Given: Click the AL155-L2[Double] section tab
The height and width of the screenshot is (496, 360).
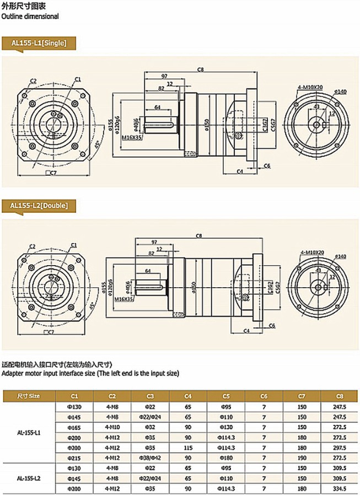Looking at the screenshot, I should tap(39, 206).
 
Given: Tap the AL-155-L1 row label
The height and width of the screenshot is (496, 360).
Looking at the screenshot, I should tap(28, 433).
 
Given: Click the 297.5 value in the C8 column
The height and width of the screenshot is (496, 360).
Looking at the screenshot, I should tap(338, 447).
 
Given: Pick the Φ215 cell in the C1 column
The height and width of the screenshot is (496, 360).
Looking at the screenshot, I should tap(74, 457).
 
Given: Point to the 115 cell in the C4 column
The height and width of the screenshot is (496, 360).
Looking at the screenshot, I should tap(188, 447).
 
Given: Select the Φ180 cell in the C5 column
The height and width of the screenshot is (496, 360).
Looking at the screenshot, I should tap(225, 457).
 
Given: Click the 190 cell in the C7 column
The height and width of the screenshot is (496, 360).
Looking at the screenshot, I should tap(301, 457).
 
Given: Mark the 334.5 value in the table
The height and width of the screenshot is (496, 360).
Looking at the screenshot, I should tap(338, 488).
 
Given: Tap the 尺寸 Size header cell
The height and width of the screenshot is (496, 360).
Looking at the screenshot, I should tap(28, 396).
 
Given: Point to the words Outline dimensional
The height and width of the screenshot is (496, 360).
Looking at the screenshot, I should tap(30, 17).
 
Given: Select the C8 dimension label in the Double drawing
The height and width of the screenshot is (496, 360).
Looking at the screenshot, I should tap(199, 235).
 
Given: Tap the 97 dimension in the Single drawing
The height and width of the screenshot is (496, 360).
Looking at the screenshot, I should tap(164, 76).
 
